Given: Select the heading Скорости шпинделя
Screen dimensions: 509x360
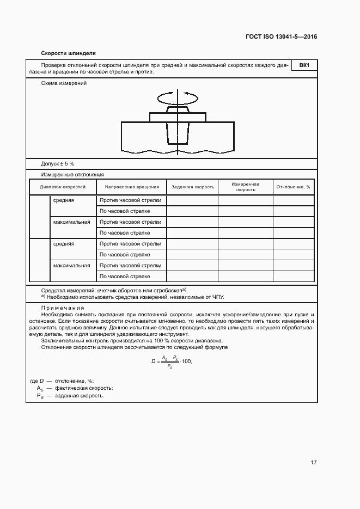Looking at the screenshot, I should point(68,53).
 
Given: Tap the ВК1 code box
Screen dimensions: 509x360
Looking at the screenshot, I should point(304,66).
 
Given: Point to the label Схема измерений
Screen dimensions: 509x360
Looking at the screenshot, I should point(64,83).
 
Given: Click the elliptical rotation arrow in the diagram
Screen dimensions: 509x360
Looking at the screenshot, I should point(178,97).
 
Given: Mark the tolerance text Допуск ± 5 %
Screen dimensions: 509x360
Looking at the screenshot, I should point(58,163).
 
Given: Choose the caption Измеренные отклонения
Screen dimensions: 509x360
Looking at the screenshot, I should point(72,175).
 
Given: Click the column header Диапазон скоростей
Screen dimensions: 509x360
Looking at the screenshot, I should point(63,187).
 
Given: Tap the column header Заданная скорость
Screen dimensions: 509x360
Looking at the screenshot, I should point(193,187).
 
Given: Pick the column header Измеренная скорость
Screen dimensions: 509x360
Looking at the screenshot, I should point(245,187).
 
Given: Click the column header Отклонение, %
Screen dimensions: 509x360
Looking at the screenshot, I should point(293,187).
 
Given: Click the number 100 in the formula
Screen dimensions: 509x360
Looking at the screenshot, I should point(187,361).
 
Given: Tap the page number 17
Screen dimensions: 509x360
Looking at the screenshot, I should point(314,463).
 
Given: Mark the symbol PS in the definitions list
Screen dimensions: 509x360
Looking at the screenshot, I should point(39,396).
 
